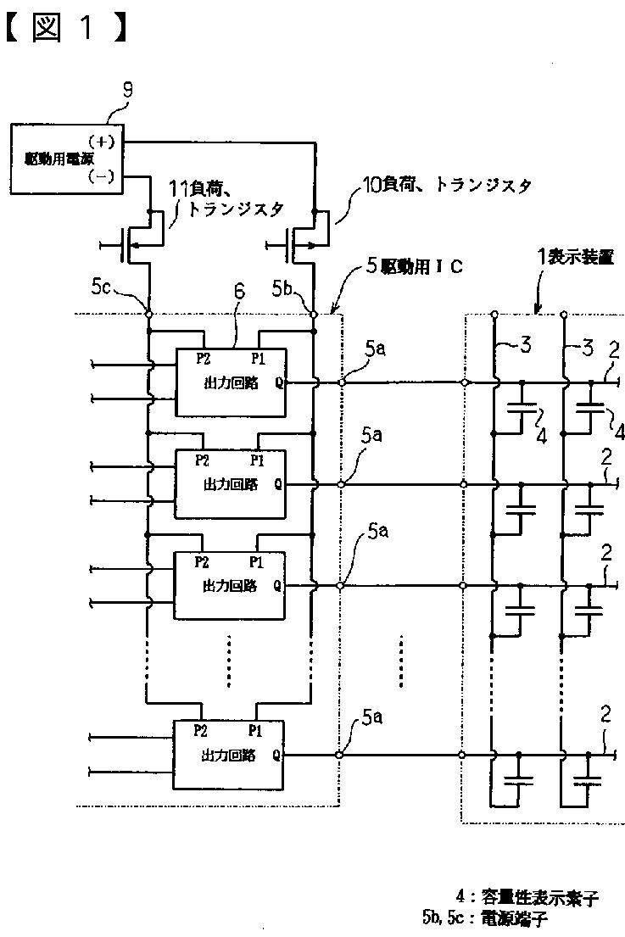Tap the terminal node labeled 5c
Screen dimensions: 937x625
[149, 314]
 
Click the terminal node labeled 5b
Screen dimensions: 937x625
[314, 314]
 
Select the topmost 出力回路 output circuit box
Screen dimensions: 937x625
[230, 382]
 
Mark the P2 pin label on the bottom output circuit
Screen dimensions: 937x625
[201, 730]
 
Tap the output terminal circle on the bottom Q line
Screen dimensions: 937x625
[340, 755]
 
